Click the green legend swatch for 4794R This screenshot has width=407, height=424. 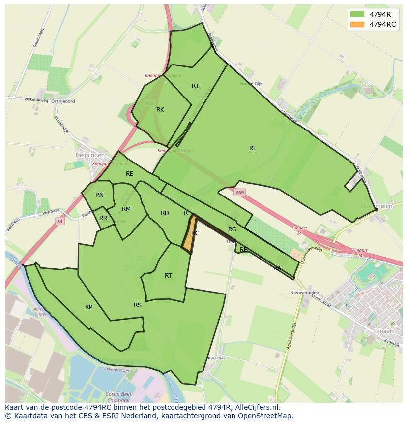click(357, 14)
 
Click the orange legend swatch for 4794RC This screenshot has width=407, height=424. click(357, 24)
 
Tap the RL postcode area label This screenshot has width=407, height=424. click(253, 148)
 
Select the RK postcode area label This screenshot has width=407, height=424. click(160, 110)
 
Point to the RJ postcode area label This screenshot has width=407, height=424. click(195, 86)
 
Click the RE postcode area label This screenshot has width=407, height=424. click(130, 174)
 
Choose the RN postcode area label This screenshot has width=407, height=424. click(100, 195)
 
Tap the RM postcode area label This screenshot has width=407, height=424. click(126, 209)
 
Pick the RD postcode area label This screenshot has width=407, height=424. click(165, 213)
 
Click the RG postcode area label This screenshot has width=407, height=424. click(233, 229)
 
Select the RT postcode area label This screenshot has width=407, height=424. click(169, 276)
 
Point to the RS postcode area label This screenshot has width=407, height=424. click(138, 305)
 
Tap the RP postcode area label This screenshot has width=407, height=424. click(89, 307)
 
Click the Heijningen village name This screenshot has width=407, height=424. click(90, 155)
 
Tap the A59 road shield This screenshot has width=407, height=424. click(239, 193)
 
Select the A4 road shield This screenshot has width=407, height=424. click(59, 221)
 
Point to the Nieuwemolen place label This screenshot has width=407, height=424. click(305, 292)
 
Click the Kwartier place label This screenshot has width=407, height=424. click(217, 358)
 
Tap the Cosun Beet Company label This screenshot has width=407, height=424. click(117, 397)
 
